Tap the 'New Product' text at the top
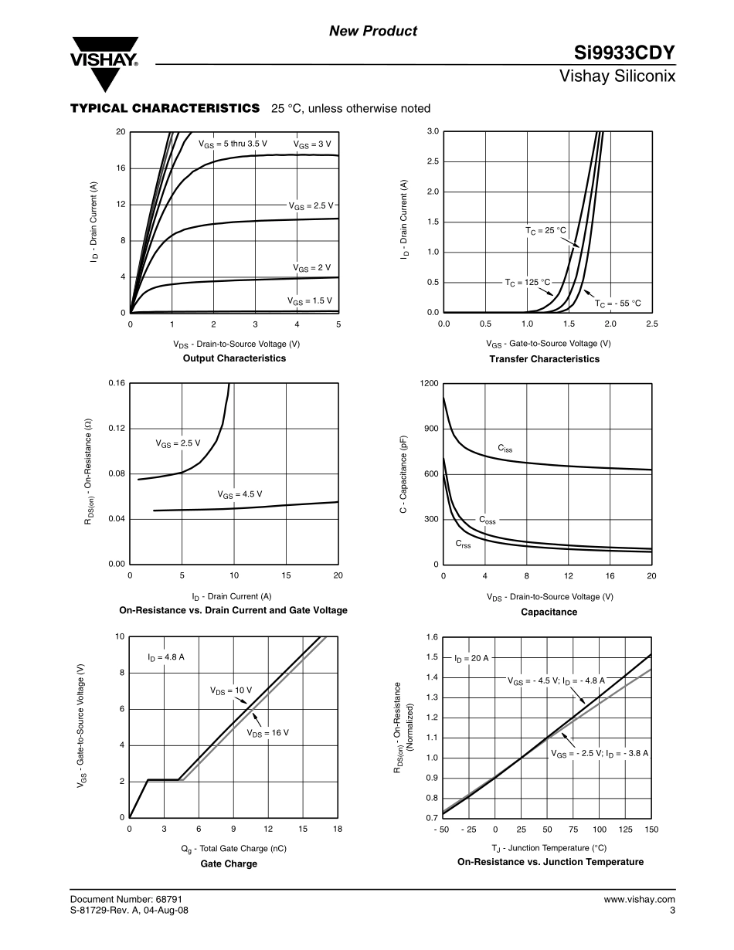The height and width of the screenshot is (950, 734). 373,31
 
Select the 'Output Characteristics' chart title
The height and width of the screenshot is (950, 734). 234,358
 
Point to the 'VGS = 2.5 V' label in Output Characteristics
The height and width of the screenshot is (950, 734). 310,206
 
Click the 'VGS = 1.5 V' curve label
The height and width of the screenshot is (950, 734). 309,300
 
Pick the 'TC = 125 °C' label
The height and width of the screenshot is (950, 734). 528,283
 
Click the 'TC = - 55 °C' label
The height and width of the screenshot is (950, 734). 618,304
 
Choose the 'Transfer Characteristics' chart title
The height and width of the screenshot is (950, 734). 544,359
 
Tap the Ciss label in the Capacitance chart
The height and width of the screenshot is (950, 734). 505,449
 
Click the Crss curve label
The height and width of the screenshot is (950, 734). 463,544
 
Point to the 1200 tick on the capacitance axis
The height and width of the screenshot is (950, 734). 429,384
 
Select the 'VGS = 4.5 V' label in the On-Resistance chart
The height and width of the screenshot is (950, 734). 240,494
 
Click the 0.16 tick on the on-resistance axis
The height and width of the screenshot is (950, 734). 115,384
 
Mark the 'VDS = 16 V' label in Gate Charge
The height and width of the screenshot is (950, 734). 267,732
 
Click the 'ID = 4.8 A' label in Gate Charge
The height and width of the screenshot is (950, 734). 166,657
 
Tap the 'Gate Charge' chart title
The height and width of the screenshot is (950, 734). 229,863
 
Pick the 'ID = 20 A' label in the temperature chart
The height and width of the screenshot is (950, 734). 471,658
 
